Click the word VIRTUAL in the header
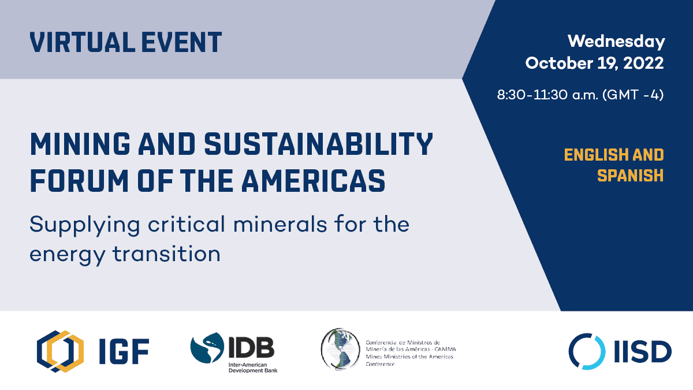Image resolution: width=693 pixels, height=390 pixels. [82, 42]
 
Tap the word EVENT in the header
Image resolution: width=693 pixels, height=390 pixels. [181, 42]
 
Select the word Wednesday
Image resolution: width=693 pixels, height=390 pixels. [616, 42]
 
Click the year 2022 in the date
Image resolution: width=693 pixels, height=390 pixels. [643, 63]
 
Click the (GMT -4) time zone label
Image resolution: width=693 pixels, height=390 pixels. [633, 95]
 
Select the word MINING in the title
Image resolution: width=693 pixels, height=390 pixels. [80, 144]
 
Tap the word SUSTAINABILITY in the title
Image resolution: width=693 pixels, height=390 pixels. [318, 144]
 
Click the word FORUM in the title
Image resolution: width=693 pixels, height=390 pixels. [79, 181]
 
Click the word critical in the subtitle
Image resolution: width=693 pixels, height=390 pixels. [186, 224]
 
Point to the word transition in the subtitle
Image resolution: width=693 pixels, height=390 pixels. [166, 254]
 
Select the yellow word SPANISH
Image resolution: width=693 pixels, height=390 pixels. [631, 176]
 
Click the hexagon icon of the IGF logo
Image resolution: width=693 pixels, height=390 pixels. [60, 351]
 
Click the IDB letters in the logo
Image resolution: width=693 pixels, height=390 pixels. [251, 347]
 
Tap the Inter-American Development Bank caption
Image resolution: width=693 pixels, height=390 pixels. [253, 367]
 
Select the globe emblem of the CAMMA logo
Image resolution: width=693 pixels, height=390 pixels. [340, 349]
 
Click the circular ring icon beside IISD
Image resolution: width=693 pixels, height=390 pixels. [587, 351]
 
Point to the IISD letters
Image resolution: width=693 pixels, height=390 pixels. [643, 352]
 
